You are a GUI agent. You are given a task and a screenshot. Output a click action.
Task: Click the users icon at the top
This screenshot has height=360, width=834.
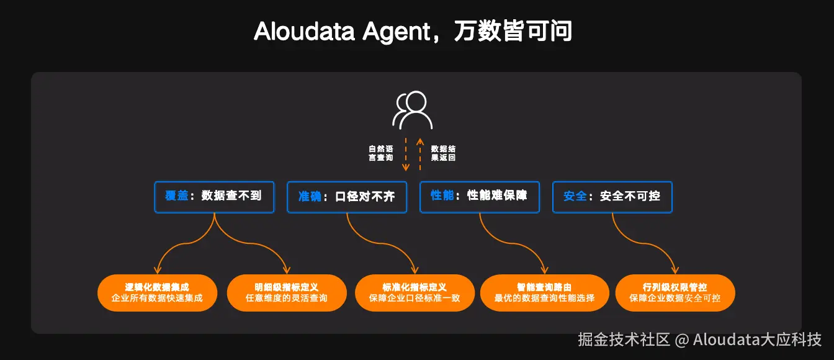coord(412,110)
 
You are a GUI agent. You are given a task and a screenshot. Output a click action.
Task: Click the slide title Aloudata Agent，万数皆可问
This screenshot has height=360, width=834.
coord(413,31)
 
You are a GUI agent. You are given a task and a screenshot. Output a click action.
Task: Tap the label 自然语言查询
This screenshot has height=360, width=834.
coord(381,153)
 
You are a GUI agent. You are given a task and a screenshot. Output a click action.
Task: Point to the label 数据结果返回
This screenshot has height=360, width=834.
coord(443,153)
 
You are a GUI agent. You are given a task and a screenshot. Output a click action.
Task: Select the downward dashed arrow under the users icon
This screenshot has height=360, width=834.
coord(406,154)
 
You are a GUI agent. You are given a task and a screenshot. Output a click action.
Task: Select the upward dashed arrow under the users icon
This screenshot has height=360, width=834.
coord(420,154)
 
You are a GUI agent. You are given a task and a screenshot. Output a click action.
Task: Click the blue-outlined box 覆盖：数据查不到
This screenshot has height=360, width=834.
coord(214,197)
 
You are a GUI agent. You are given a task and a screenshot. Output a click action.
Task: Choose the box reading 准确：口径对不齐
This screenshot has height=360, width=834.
coord(347,197)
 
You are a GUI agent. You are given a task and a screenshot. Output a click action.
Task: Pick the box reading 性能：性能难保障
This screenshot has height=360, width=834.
coord(480,197)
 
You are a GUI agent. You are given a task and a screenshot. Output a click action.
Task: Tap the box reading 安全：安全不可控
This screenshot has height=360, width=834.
coord(612,197)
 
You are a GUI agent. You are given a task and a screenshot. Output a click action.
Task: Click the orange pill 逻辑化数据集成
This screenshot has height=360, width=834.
coord(157,293)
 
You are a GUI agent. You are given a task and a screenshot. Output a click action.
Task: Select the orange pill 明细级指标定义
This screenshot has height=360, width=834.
coord(287,293)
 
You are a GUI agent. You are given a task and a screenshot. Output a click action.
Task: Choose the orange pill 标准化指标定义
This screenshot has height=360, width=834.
coord(415,293)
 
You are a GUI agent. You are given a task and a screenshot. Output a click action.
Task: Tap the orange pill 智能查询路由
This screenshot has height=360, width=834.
coord(544,293)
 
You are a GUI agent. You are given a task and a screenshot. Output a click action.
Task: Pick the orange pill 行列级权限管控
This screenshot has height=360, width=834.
coord(675,293)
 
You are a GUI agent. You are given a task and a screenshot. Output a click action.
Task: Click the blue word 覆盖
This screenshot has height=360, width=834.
coord(176,196)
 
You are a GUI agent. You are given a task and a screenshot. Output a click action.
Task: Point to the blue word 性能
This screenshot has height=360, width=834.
coord(442,196)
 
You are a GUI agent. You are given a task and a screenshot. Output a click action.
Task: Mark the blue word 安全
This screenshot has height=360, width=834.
coord(575,196)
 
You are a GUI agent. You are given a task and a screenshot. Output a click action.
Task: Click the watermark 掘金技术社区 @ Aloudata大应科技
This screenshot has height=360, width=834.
coord(699,340)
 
